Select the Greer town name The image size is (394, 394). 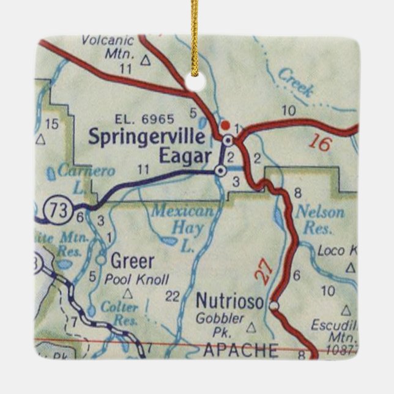132,262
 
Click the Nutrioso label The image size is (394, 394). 229,301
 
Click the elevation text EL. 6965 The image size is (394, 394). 144,119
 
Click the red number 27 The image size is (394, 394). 262,272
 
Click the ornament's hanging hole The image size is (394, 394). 196,81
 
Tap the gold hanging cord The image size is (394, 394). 195,31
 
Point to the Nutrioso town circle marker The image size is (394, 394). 273,304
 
